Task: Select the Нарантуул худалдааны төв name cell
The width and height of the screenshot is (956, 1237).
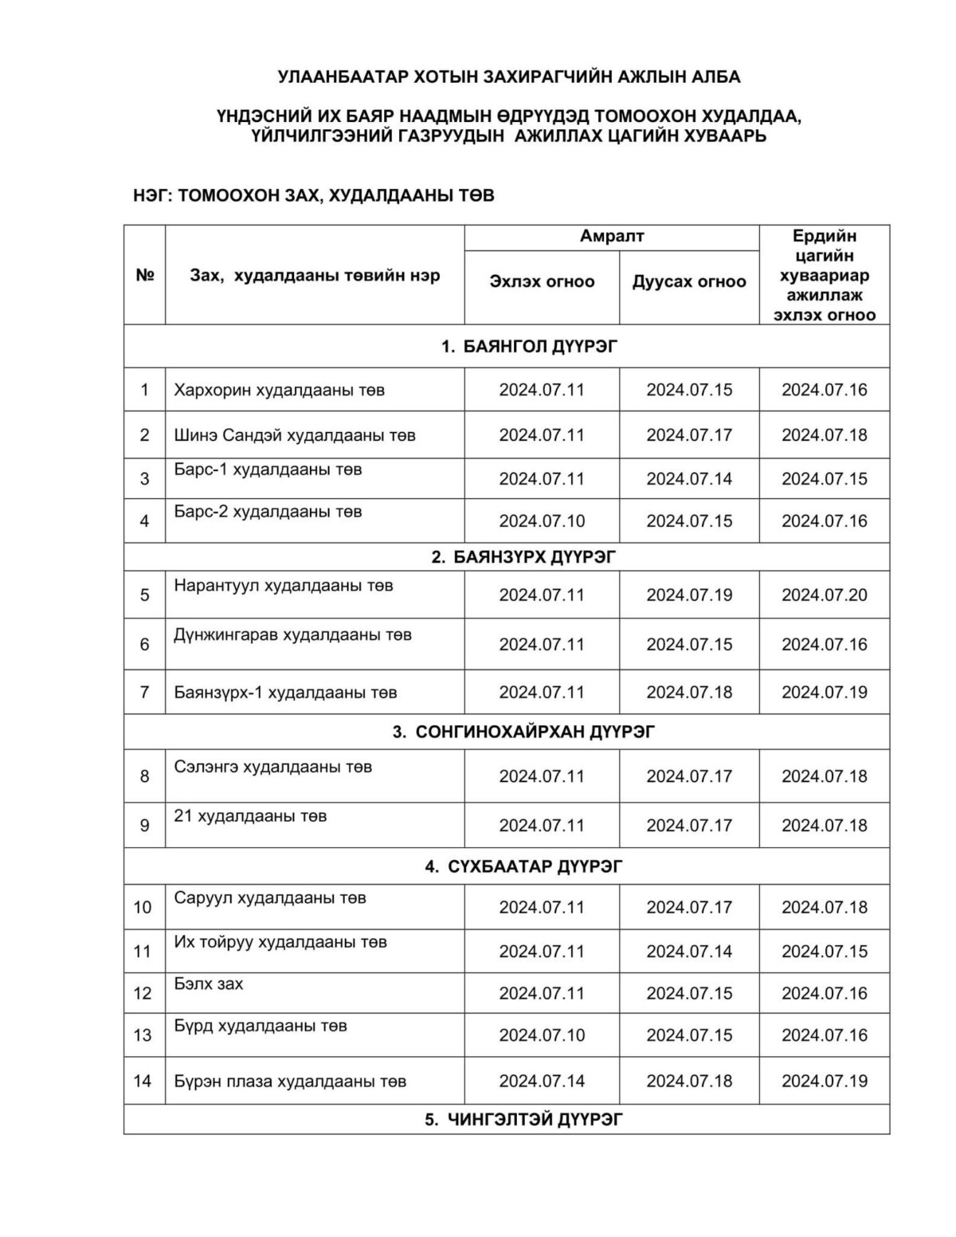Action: pos(284,586)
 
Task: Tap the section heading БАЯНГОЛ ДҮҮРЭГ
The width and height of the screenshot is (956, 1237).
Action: pos(529,346)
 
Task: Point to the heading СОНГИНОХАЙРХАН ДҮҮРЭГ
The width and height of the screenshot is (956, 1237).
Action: pos(523,732)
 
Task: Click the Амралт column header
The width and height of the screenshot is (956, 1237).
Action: pos(612,236)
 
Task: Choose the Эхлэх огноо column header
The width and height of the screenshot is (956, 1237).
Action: pos(542,281)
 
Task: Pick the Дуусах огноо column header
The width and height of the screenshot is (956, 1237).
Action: pos(689,281)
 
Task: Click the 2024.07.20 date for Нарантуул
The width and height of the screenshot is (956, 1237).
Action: pos(824,595)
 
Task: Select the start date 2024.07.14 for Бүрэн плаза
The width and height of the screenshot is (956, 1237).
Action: pos(542,1081)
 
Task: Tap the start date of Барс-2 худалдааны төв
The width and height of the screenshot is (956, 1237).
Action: pos(542,521)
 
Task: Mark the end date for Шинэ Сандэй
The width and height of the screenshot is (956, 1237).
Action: pos(689,435)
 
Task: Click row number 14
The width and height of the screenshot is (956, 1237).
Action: pos(143,1081)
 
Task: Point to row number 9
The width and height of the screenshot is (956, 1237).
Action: pos(144,826)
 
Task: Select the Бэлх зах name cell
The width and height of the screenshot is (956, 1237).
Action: pos(209,984)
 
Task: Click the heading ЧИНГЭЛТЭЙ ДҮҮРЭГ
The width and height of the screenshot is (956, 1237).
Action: pos(523,1120)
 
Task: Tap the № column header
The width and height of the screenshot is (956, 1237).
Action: pos(144,275)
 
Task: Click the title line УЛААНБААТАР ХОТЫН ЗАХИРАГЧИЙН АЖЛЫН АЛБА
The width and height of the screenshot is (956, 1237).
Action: pos(509,77)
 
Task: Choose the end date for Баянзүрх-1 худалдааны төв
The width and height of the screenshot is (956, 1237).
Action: pos(689,693)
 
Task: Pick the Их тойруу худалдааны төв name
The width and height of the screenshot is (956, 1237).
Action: pos(280,942)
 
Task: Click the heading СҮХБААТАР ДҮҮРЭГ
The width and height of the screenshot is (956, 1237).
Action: pos(523,866)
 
